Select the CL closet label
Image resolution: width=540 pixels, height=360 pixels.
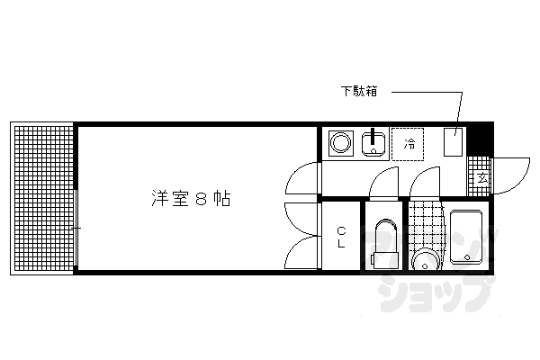click(342, 238)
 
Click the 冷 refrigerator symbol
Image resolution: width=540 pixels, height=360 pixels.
click(410, 144)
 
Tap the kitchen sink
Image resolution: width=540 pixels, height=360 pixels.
click(373, 144)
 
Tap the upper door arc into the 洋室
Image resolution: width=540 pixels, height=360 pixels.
click(303, 178)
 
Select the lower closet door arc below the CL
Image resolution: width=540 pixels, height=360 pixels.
click(303, 254)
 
